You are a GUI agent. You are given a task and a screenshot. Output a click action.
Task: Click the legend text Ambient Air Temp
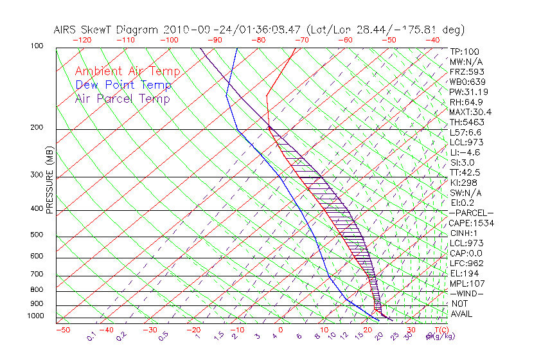point(127,72)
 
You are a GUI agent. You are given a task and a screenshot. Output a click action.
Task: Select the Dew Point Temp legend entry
point(123,85)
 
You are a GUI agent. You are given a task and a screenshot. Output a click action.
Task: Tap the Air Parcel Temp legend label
point(123,99)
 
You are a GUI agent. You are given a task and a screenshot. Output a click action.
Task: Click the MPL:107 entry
point(467,283)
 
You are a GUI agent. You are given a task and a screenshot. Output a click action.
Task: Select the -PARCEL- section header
point(471,213)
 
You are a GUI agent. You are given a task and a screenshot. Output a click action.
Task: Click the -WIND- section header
point(466,293)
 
